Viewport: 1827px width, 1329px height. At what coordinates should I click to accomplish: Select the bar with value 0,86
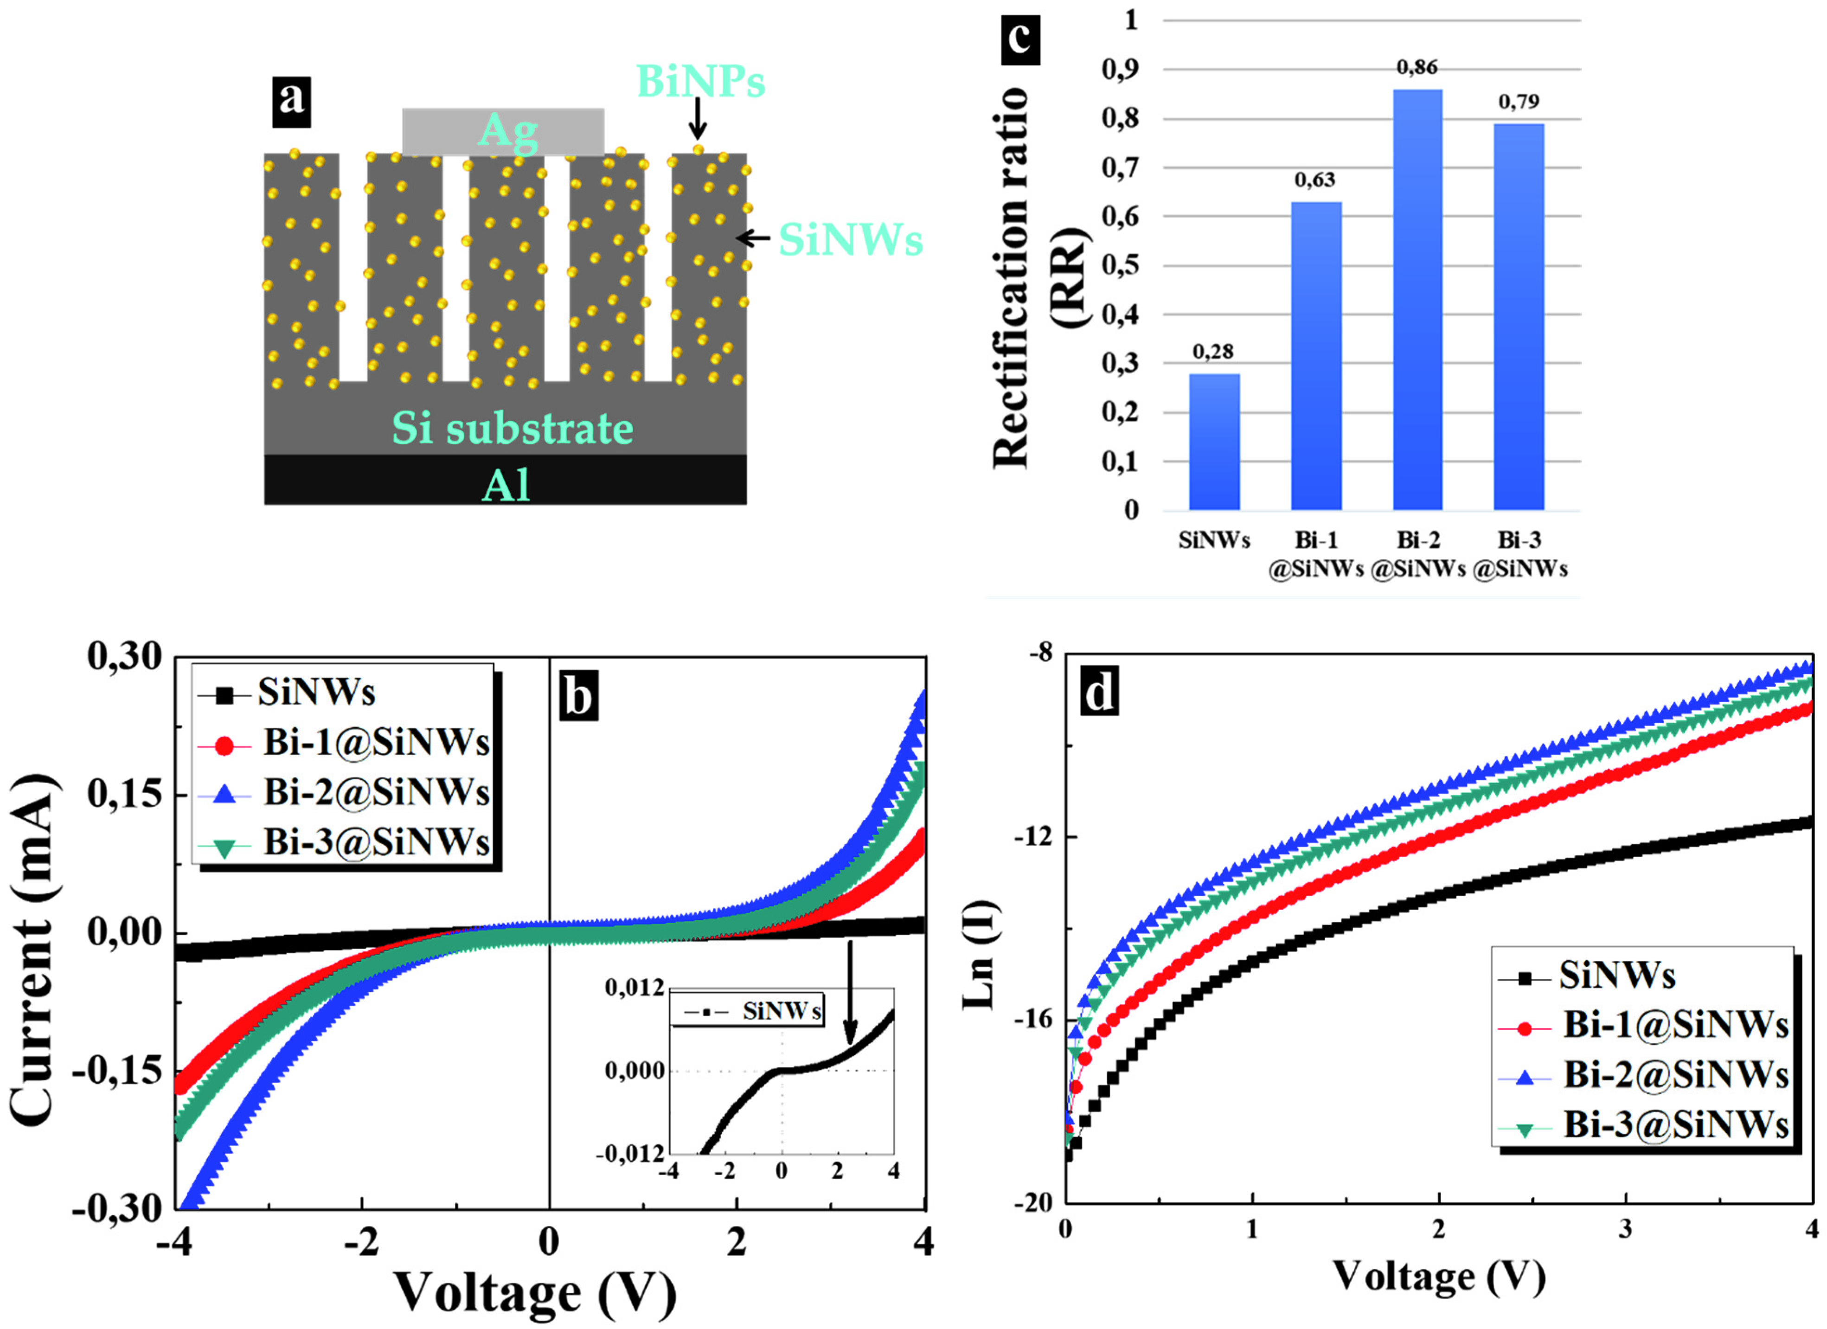[x=1417, y=298]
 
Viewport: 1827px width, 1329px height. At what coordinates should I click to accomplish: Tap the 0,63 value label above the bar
[x=1314, y=180]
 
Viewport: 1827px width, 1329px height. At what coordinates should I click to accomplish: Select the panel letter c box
[x=1020, y=39]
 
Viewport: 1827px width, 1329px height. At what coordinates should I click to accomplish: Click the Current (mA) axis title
[x=34, y=950]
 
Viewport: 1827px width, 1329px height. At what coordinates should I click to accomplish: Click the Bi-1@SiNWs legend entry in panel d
[x=1643, y=1025]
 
